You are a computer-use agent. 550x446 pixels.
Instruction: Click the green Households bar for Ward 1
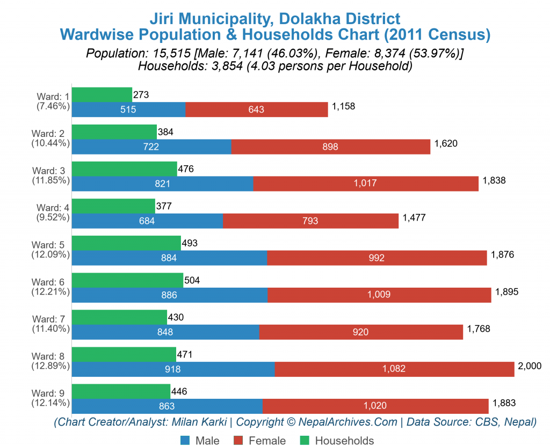tap(102, 94)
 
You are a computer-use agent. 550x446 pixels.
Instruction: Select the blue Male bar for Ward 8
tap(173, 369)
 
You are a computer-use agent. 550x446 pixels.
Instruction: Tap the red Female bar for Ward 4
tap(310, 221)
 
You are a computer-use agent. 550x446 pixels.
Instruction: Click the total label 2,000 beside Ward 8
tap(529, 365)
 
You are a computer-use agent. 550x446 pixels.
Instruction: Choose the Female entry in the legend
tap(260, 441)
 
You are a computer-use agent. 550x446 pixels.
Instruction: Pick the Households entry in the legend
tap(336, 441)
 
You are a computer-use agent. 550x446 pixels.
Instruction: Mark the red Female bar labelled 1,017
tap(365, 184)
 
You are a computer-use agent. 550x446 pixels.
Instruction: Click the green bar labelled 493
tap(126, 243)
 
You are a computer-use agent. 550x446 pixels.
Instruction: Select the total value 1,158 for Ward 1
tap(343, 106)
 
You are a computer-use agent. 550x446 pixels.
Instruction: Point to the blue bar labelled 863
tap(167, 406)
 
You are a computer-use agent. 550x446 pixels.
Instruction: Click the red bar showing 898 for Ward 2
tap(330, 147)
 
